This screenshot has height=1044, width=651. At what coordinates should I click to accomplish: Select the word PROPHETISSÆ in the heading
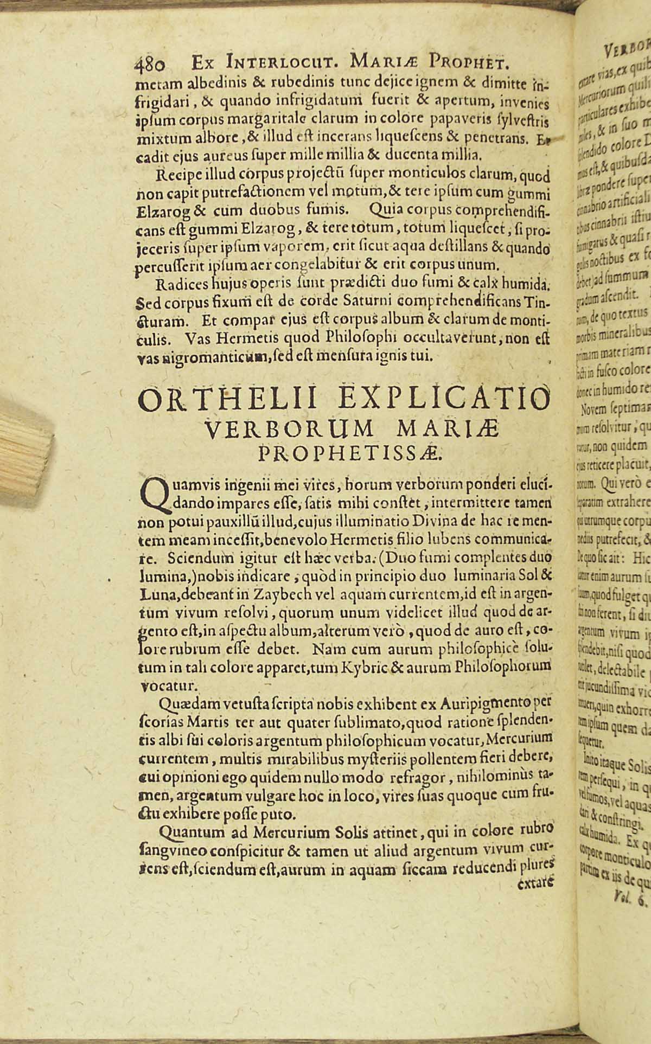pos(350,452)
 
